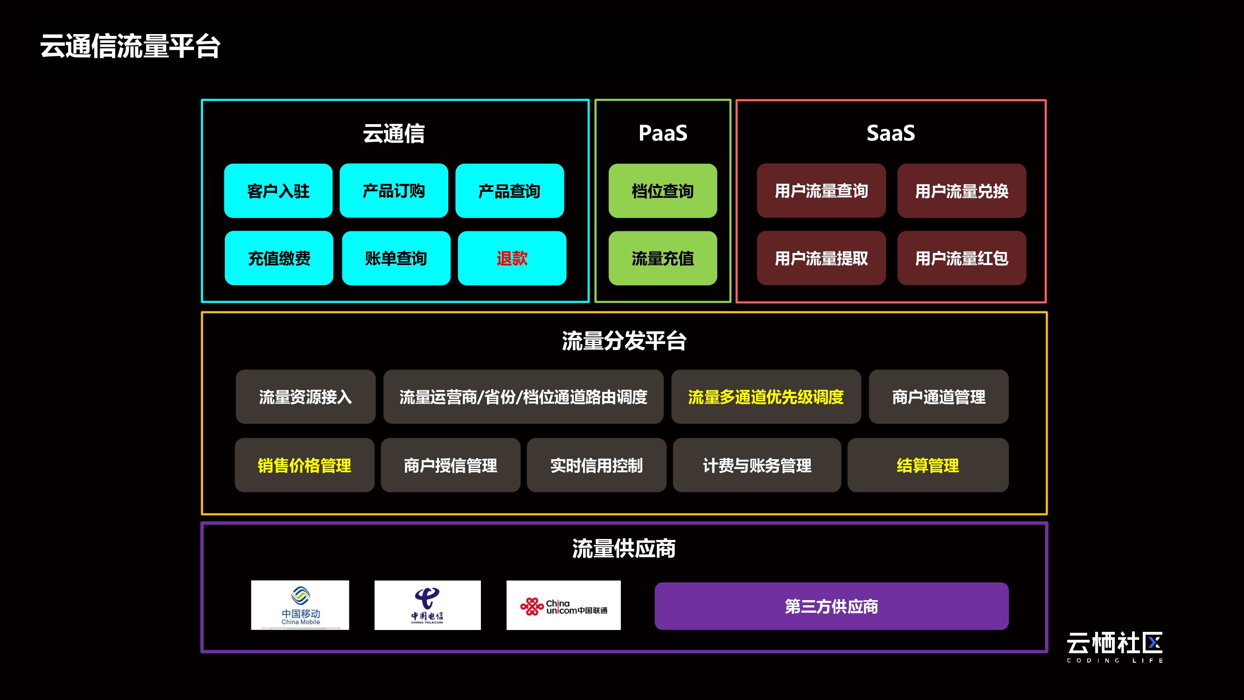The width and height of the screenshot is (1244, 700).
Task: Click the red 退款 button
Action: (x=512, y=258)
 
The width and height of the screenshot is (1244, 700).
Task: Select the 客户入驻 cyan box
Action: (x=278, y=191)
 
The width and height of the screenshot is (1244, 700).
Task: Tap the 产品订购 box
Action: (x=394, y=191)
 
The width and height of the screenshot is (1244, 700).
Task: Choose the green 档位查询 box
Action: (x=662, y=191)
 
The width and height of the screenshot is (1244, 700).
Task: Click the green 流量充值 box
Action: (x=662, y=258)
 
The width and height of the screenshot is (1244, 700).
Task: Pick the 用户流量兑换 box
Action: (x=961, y=191)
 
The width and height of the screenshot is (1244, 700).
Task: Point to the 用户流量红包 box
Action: (x=961, y=258)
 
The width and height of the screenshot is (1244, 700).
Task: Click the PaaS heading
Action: (x=662, y=133)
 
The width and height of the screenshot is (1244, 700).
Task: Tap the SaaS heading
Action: (x=890, y=133)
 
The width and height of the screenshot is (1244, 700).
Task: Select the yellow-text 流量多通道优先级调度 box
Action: (x=766, y=397)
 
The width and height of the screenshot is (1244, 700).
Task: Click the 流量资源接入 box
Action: (x=305, y=397)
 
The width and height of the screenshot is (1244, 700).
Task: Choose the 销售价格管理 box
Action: (x=304, y=465)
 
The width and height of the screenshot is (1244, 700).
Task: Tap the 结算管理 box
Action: (x=928, y=465)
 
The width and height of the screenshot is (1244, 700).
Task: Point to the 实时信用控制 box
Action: (x=597, y=465)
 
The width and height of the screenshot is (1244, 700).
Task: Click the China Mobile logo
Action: (x=300, y=605)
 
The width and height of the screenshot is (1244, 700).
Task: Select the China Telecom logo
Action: (x=427, y=605)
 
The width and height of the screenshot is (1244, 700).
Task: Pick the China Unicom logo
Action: (x=563, y=605)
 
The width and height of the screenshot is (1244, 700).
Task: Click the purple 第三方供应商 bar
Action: (x=831, y=606)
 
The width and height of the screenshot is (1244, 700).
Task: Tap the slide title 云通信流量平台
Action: (x=131, y=46)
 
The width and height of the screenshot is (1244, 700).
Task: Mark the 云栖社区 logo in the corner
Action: (x=1115, y=646)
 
